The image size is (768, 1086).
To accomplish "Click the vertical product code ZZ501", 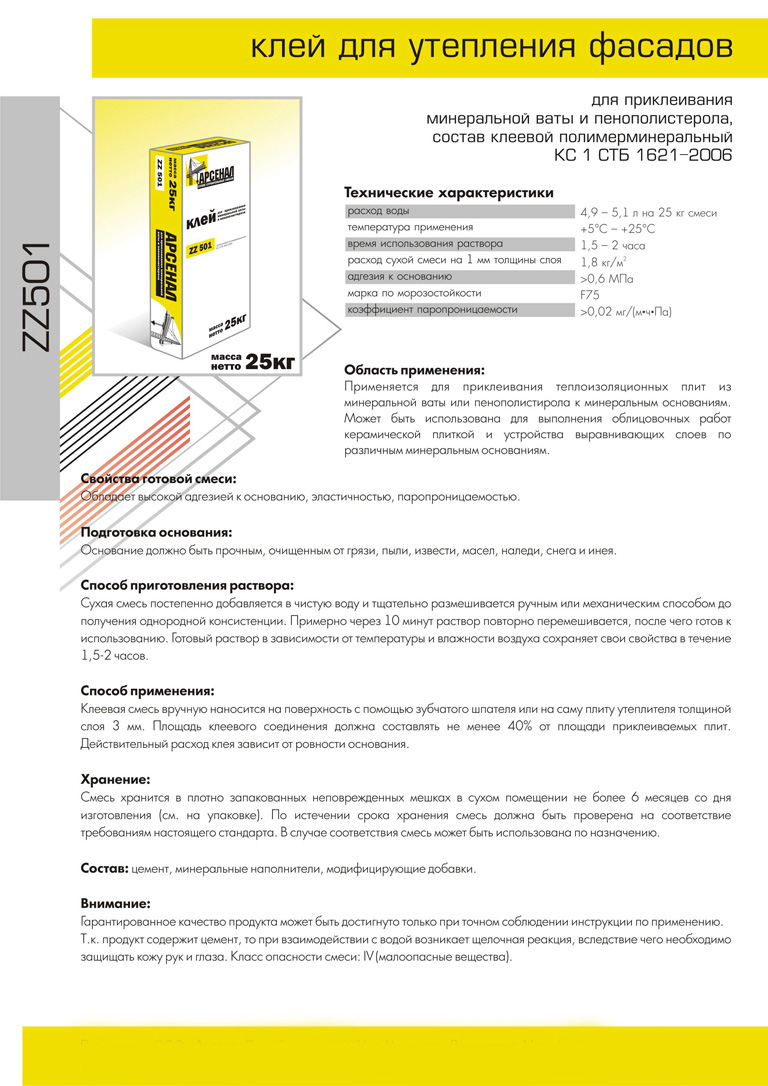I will (x=37, y=297).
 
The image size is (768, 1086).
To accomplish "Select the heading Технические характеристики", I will (x=448, y=192).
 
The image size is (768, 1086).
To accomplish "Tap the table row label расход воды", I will (x=378, y=212).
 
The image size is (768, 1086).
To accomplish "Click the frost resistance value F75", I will (x=591, y=295).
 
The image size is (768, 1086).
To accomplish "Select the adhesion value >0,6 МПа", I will (x=606, y=279).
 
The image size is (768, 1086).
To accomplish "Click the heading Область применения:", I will (x=414, y=369).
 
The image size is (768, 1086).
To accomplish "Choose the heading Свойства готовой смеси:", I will (x=158, y=479).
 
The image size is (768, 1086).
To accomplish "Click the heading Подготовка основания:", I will (x=156, y=533).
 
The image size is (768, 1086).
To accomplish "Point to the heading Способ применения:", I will (x=146, y=690).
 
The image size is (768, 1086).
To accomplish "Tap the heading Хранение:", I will (x=115, y=778).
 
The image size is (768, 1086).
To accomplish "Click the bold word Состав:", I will (x=104, y=868).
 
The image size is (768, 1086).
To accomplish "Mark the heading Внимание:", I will (x=115, y=903).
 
